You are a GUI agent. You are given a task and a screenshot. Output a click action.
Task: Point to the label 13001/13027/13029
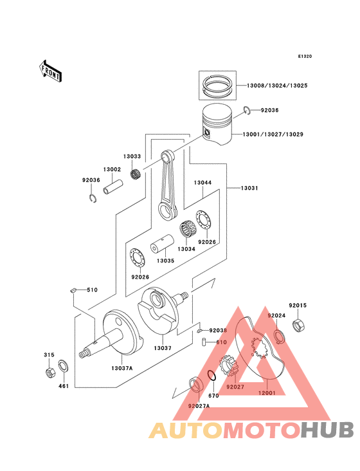[273, 134]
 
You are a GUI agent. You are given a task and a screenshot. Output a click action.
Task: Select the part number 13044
[203, 183]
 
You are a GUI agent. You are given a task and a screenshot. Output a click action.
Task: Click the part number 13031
[250, 187]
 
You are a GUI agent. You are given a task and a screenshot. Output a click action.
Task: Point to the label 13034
[186, 249]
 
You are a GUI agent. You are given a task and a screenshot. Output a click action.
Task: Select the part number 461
[64, 386]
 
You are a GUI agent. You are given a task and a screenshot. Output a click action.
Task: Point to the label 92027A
[199, 406]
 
